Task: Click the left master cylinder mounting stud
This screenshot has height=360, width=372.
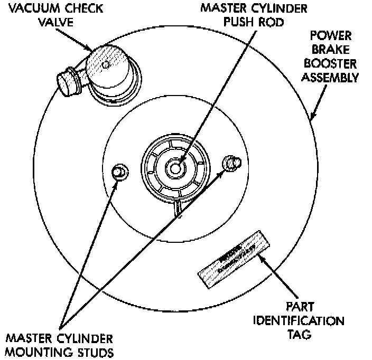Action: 119,172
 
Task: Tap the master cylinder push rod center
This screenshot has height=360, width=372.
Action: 175,167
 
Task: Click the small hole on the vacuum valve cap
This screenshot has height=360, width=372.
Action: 106,64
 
